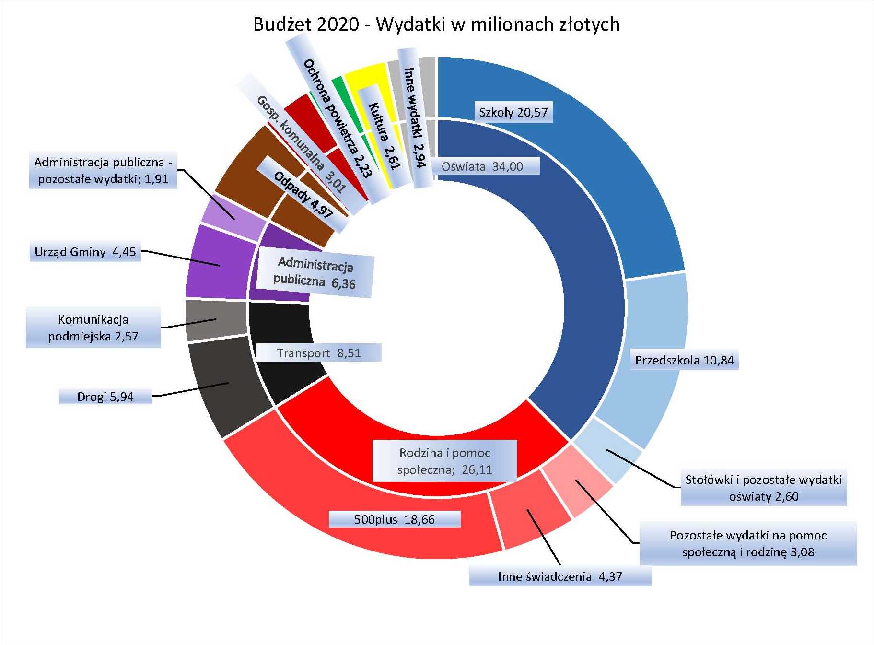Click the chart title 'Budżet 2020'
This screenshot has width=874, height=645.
click(x=436, y=24)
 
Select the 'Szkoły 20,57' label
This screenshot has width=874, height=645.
click(x=513, y=112)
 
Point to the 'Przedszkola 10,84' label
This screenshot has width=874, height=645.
click(x=684, y=360)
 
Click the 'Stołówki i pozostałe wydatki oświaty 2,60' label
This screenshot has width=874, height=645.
click(x=763, y=488)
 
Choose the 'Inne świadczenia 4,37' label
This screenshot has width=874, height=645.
click(x=559, y=576)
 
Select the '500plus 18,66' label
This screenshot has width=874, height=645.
click(x=394, y=519)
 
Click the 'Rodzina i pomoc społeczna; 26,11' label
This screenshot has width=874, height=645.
click(x=445, y=461)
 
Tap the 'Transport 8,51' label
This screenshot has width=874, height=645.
click(x=319, y=353)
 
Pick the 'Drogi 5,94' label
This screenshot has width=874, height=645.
click(x=105, y=397)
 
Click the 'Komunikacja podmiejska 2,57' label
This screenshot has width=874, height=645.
click(x=93, y=328)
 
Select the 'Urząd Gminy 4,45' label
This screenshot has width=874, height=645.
click(x=85, y=252)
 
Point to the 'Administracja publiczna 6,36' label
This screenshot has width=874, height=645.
click(x=315, y=272)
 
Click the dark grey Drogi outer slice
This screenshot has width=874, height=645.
click(x=225, y=384)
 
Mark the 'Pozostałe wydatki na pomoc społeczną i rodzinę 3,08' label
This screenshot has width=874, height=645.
click(x=748, y=543)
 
